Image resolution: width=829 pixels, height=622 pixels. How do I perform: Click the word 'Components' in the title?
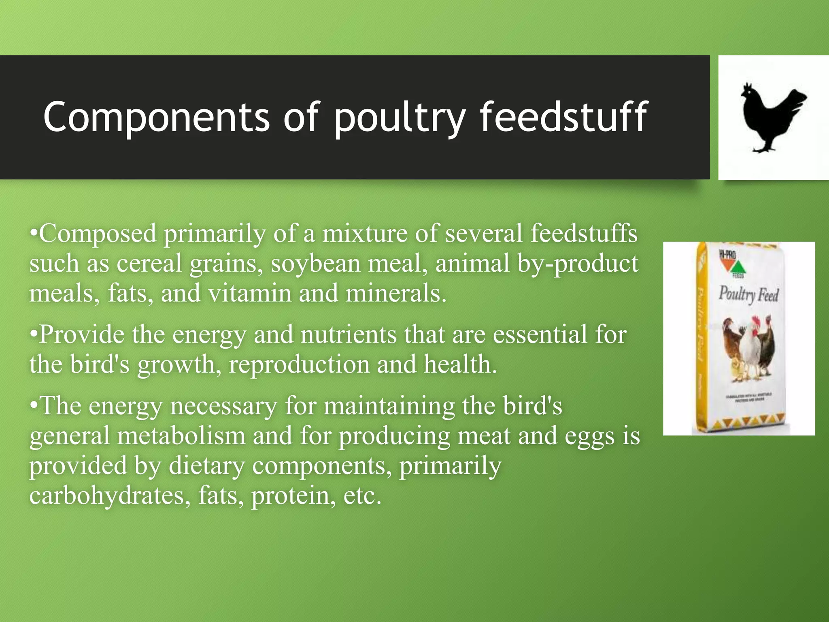156,117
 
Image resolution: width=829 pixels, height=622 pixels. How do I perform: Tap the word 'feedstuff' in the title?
564,117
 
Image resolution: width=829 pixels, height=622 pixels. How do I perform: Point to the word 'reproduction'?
299,364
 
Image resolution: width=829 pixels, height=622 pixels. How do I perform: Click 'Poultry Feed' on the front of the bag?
748,294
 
